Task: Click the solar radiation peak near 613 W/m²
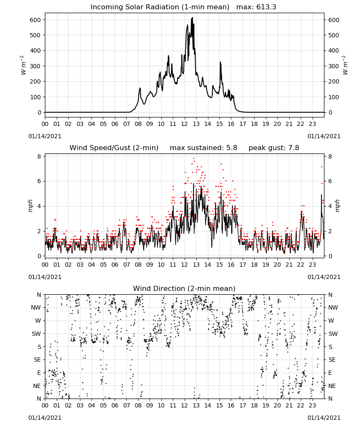click(192, 18)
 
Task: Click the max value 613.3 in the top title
click(266, 7)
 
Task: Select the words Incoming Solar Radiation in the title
click(135, 7)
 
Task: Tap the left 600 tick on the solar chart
click(36, 20)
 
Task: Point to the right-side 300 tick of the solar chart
click(334, 66)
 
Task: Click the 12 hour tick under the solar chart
click(184, 124)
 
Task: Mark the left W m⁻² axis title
click(23, 65)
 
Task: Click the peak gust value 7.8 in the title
click(294, 148)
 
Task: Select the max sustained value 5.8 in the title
click(232, 148)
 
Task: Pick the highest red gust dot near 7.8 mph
click(194, 159)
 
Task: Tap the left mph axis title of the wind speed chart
click(30, 206)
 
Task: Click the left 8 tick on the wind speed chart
click(39, 156)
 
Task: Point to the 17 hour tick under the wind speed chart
click(243, 265)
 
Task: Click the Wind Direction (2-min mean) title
click(184, 288)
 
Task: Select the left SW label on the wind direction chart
click(36, 334)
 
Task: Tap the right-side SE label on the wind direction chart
click(332, 360)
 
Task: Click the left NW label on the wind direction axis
click(36, 307)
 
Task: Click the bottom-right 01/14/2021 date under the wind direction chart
click(324, 418)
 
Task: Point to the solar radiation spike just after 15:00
click(220, 62)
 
